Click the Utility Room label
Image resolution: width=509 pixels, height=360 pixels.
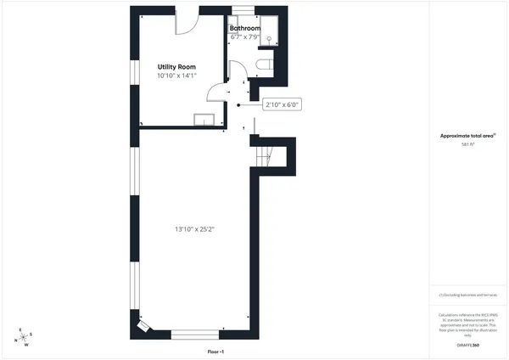(177, 65)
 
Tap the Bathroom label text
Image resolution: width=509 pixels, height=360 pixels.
(245, 28)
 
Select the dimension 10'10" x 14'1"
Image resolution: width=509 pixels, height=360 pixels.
(177, 76)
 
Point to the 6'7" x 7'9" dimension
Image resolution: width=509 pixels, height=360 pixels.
(245, 37)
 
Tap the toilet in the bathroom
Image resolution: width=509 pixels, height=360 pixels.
(261, 66)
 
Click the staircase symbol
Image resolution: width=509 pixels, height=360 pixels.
(265, 155)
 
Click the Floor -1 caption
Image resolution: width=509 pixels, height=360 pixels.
(215, 352)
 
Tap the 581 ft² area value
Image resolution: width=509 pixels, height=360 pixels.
(467, 144)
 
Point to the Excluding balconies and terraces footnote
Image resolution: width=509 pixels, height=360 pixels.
(467, 295)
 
